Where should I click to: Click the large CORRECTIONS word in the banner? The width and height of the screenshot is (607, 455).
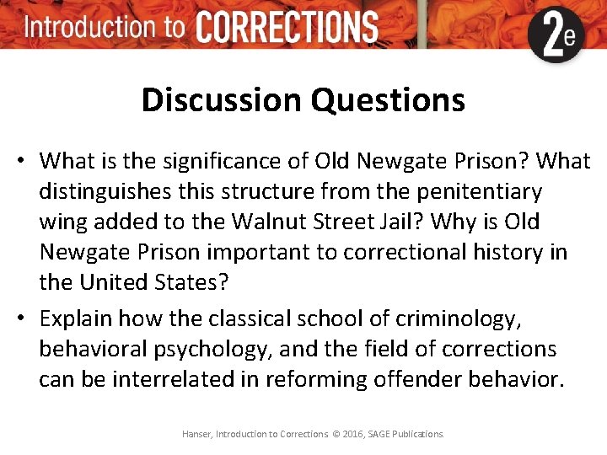pyautogui.click(x=287, y=27)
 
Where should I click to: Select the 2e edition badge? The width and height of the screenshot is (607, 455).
pyautogui.click(x=556, y=35)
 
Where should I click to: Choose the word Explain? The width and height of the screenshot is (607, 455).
pyautogui.click(x=76, y=318)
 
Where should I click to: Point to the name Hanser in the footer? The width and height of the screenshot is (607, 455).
pyautogui.click(x=196, y=434)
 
